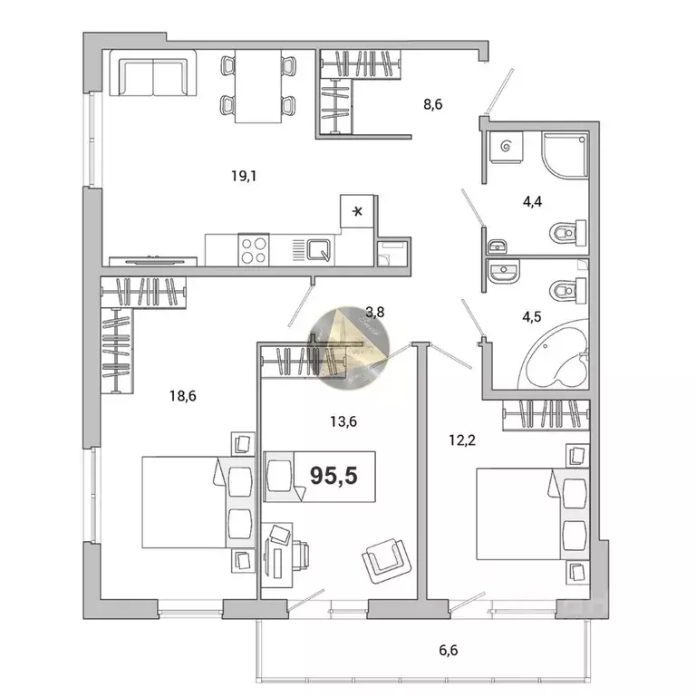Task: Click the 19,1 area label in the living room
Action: (245, 176)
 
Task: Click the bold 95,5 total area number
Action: (333, 474)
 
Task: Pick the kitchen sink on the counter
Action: (319, 248)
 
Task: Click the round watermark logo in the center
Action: (350, 349)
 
